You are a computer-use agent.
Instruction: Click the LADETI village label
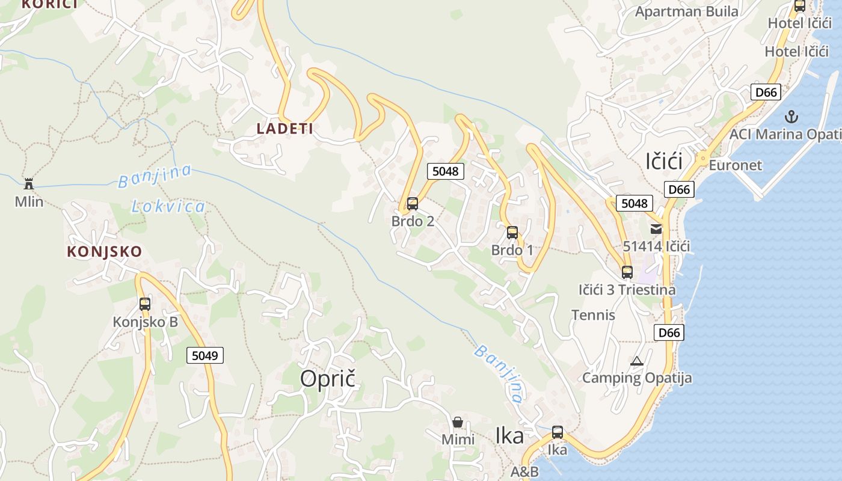click(284, 128)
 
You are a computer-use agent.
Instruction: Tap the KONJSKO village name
click(104, 251)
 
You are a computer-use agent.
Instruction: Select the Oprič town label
click(328, 378)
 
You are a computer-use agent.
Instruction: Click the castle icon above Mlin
click(28, 184)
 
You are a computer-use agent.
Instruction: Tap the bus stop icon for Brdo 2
click(412, 204)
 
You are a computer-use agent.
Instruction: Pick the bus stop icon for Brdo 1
click(512, 233)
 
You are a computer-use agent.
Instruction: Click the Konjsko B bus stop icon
click(145, 304)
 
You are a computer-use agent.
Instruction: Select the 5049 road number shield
click(204, 355)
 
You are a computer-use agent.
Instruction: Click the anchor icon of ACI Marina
click(791, 116)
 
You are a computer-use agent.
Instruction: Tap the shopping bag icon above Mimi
click(458, 422)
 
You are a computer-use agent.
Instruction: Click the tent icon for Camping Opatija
click(636, 361)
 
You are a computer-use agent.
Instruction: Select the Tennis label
click(593, 314)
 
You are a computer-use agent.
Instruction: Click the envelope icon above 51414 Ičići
click(656, 228)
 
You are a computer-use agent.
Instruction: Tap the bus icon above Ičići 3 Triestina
click(627, 272)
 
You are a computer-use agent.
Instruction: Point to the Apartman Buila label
click(687, 11)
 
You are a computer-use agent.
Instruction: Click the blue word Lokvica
click(168, 207)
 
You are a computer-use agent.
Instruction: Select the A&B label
click(524, 471)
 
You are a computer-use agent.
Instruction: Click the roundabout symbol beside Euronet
click(702, 159)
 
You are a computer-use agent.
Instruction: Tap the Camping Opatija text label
click(637, 378)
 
